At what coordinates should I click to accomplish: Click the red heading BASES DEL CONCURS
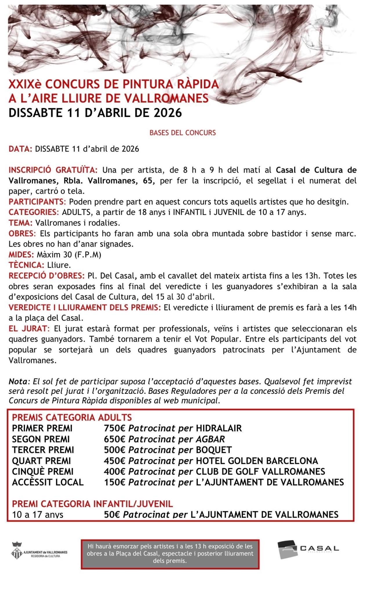pyautogui.click(x=182, y=133)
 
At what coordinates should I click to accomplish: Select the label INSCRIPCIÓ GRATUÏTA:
pyautogui.click(x=53, y=170)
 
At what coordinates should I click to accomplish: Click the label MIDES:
pyautogui.click(x=21, y=255)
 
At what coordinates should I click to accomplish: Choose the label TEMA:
pyautogui.click(x=21, y=223)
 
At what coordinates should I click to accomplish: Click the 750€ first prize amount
pyautogui.click(x=114, y=428)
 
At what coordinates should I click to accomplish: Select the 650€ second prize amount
pyautogui.click(x=114, y=439)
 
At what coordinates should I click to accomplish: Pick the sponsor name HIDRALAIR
pyautogui.click(x=219, y=428)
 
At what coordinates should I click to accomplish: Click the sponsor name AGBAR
pyautogui.click(x=210, y=439)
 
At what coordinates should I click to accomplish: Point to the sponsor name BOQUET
pyautogui.click(x=214, y=450)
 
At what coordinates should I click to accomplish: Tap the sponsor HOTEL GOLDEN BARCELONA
pyautogui.click(x=257, y=461)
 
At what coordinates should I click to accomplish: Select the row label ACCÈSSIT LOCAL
pyautogui.click(x=48, y=482)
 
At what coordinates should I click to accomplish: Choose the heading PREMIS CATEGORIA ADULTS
pyautogui.click(x=72, y=418)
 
